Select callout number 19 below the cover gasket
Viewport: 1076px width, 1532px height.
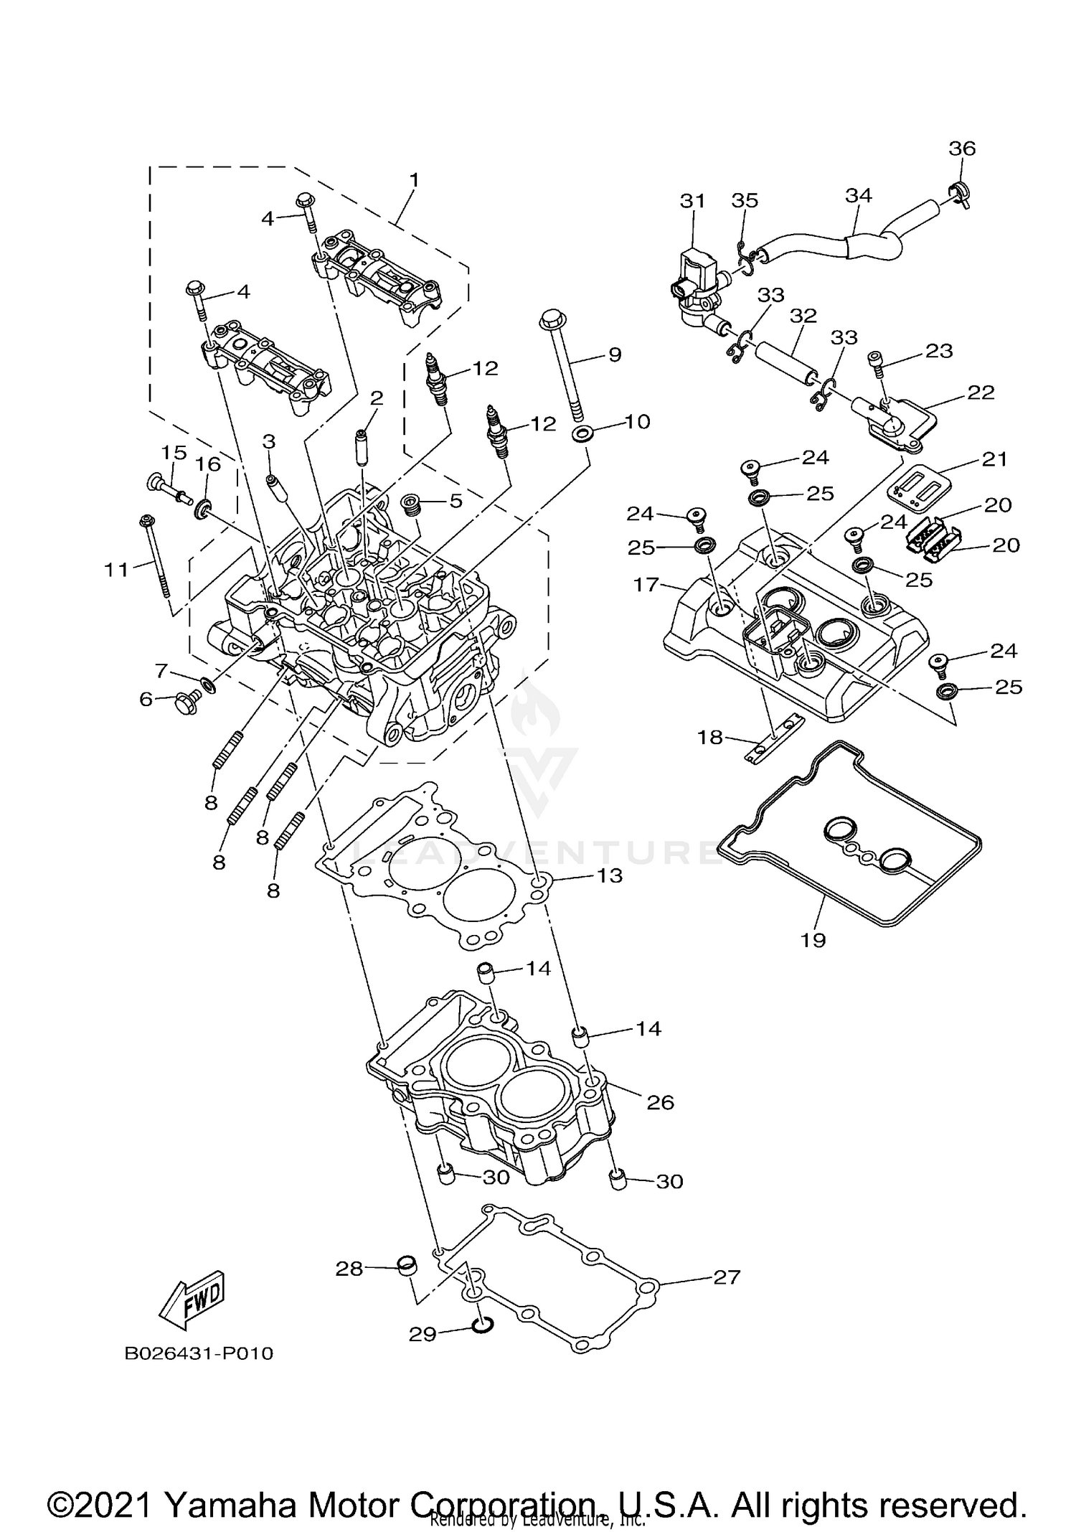pos(813,939)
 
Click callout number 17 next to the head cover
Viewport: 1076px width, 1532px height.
pos(646,584)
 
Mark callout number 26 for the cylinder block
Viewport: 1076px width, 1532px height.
pos(660,1101)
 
